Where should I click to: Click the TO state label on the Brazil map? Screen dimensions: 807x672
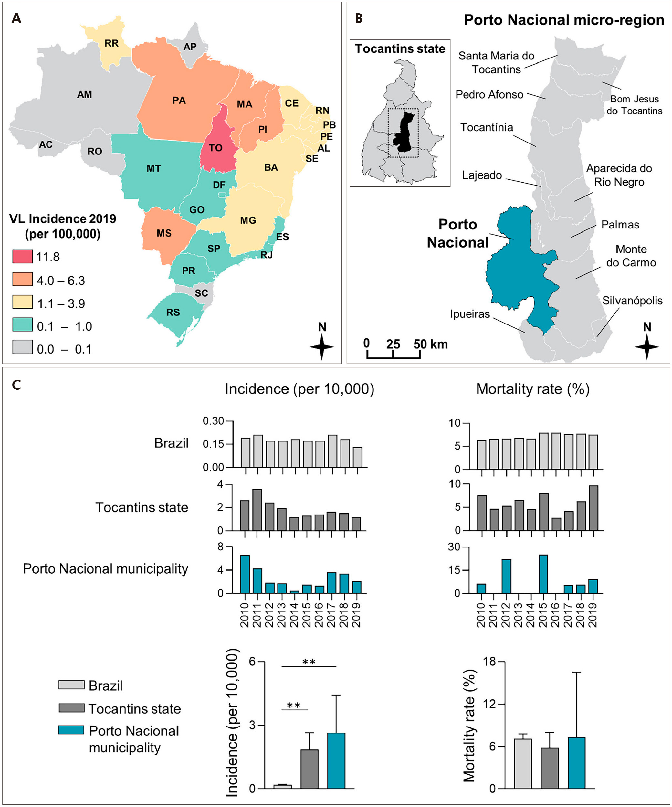(215, 148)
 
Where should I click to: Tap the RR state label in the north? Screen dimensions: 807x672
(111, 43)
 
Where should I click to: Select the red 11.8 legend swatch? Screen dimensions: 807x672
(22, 256)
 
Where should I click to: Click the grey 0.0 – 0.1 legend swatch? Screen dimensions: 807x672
(22, 347)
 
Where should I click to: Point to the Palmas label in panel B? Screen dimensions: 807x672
(620, 225)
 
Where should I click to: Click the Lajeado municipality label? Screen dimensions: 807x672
(482, 175)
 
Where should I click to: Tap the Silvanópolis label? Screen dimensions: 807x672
(632, 301)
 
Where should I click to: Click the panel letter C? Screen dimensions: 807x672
(16, 385)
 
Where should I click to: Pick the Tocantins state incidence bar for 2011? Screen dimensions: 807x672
(257, 510)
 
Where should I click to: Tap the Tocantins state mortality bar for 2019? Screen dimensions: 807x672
(593, 508)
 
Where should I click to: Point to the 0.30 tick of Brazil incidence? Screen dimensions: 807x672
(213, 421)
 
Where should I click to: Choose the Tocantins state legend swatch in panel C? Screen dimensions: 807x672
(71, 708)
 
